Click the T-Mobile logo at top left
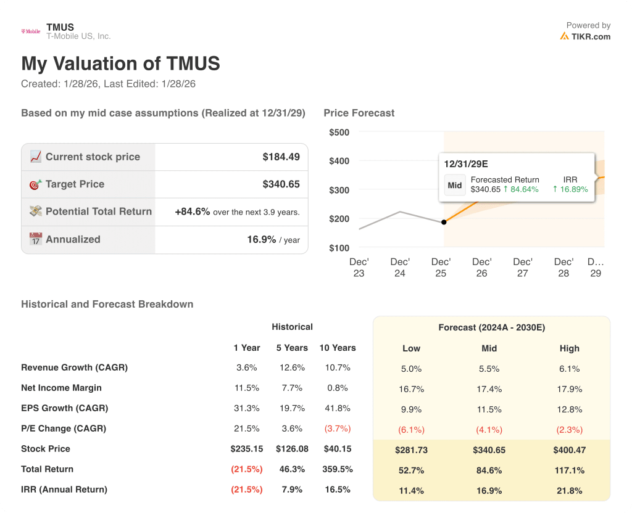coord(31,31)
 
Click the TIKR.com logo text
coord(590,36)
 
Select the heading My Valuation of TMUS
coord(120,64)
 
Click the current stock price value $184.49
coord(281,157)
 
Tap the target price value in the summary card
coord(281,184)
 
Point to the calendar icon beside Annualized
coord(35,239)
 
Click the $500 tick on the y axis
coord(339,132)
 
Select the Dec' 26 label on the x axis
coord(481,268)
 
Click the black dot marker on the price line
coord(444,222)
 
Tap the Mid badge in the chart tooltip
coord(455,185)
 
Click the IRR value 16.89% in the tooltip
coord(570,189)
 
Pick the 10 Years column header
coord(337,348)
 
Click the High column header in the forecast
coord(569,348)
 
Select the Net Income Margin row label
coord(61,388)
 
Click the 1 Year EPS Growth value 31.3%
coord(246,408)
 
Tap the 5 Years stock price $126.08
coord(291,449)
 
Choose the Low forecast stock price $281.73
coord(411,450)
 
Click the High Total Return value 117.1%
coord(569,470)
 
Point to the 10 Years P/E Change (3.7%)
coord(337,429)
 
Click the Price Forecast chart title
coord(359,113)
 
